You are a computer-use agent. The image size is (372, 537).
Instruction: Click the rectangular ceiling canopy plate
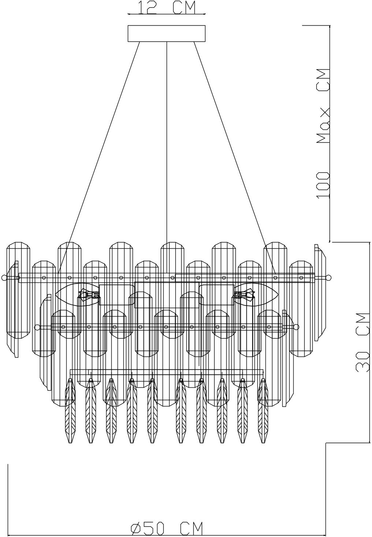click(167, 33)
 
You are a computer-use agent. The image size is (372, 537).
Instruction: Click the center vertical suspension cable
click(167, 157)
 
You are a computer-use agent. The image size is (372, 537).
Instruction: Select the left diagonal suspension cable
click(99, 157)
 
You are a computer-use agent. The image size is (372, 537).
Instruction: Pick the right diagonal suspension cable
click(235, 157)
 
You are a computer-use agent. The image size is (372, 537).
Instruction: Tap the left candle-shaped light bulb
click(77, 295)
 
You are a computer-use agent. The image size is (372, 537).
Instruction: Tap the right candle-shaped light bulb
click(256, 295)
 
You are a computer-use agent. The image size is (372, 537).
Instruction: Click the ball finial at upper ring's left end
click(4, 278)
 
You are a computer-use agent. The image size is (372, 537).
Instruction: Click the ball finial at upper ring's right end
click(329, 278)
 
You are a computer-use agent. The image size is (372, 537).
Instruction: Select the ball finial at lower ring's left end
click(37, 327)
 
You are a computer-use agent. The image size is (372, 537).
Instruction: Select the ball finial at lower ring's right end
click(296, 326)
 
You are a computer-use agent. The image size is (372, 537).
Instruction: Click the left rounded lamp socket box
click(116, 295)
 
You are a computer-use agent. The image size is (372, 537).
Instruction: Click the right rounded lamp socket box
click(216, 295)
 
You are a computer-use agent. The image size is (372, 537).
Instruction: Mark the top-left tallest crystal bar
click(18, 290)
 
